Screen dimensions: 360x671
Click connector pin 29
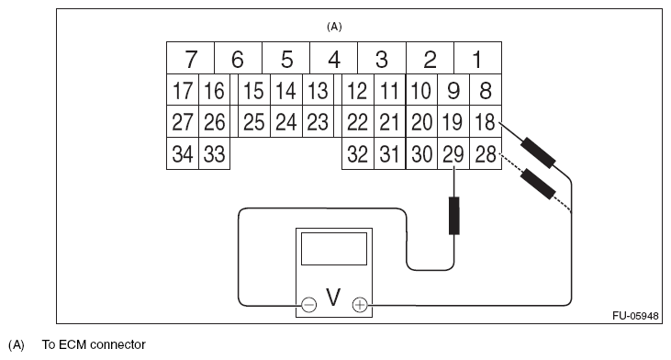(453, 154)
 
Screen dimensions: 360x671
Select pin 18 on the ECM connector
(484, 122)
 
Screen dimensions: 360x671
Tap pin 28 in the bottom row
(484, 154)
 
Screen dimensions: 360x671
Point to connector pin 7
(190, 60)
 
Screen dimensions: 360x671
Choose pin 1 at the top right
(476, 60)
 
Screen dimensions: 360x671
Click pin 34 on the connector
(182, 154)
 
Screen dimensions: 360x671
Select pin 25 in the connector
(253, 122)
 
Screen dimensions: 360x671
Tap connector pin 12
(357, 91)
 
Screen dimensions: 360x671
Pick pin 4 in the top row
(333, 60)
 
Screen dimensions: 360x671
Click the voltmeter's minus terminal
(308, 304)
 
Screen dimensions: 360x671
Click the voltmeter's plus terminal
(360, 304)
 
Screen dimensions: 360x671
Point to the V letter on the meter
(333, 298)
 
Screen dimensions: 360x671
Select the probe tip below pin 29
(453, 216)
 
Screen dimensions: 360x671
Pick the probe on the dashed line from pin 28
(537, 185)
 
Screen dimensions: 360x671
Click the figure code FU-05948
(636, 315)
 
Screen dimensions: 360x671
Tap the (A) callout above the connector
(334, 27)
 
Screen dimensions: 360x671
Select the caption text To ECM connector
(94, 345)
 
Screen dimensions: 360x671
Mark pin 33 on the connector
(214, 154)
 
